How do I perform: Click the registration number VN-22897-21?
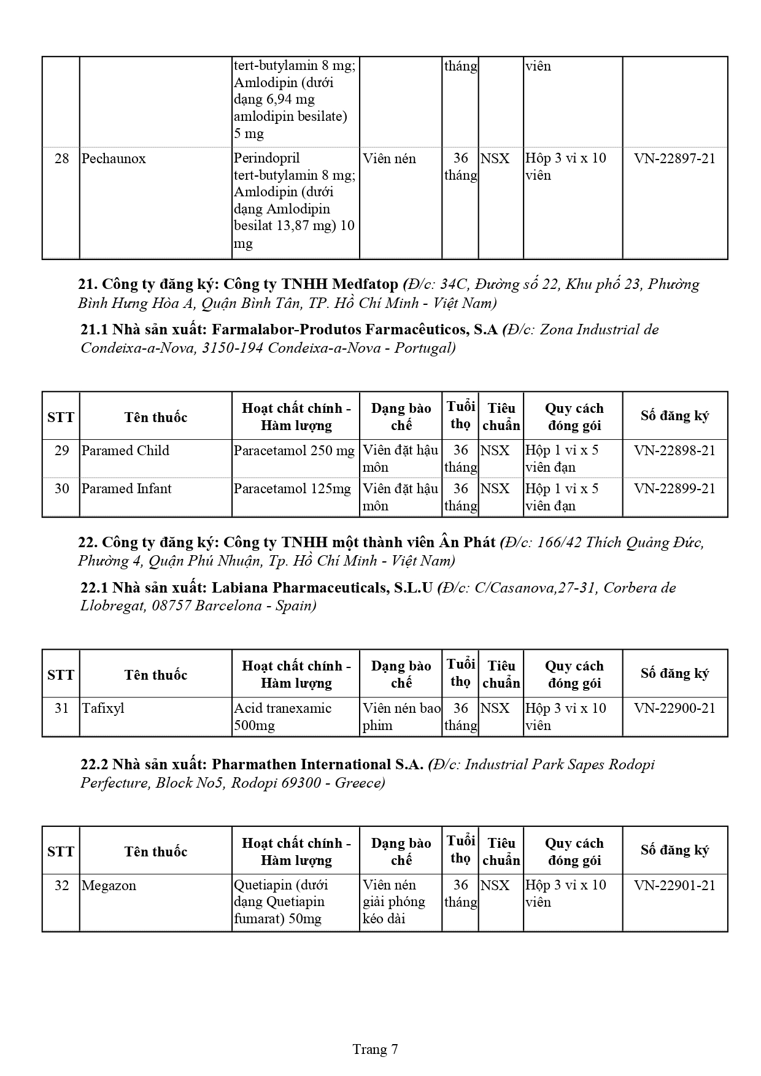point(674,158)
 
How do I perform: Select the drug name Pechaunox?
point(114,159)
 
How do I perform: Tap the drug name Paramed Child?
point(125,451)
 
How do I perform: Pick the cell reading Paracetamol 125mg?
point(292,489)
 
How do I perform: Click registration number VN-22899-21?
point(674,489)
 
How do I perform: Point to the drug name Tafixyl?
point(103,709)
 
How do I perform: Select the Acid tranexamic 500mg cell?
point(283,717)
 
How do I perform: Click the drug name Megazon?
point(109,886)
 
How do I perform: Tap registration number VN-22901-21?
point(674,885)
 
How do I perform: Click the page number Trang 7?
point(375,1049)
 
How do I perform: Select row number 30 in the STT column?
point(61,489)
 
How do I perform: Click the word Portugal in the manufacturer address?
point(425,348)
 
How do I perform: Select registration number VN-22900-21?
point(674,709)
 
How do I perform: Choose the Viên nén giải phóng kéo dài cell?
point(393,902)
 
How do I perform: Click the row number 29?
point(61,451)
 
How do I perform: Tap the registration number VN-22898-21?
point(674,451)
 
